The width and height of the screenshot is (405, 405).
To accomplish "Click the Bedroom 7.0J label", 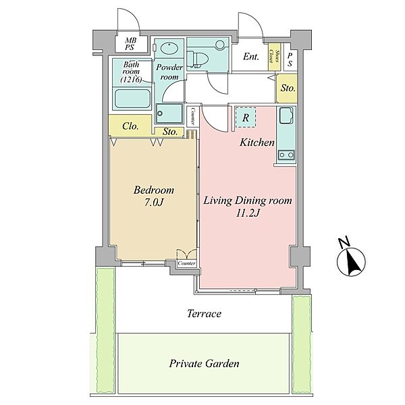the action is point(154,196).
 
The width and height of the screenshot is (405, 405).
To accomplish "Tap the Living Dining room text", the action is point(248,200).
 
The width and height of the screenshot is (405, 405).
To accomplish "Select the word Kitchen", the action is point(257,142).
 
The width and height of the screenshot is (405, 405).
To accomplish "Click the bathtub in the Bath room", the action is point(132,99).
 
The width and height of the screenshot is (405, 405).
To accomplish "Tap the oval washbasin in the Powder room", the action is point(169,48).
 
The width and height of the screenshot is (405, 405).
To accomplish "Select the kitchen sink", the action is point(286,115).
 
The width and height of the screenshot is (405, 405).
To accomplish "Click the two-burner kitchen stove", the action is point(286,155).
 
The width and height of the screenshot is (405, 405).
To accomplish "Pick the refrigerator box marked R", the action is point(246,117).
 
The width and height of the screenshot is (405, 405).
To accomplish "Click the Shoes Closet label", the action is point(274,56).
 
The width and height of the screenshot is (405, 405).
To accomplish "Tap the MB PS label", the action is point(130,44).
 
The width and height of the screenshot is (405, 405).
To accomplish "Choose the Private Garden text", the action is point(204,363).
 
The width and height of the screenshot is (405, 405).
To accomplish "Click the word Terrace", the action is point(204,313).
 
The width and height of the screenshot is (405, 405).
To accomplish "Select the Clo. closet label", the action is point(130,126).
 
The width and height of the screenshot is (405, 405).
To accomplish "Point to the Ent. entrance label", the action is point(251,57).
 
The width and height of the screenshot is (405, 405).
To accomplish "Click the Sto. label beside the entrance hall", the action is point(288,88).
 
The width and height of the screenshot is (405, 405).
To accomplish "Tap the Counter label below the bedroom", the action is point(186,263).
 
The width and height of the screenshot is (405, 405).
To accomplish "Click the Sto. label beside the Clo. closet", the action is point(170,132).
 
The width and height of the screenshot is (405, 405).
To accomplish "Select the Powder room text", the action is point(169,72).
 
